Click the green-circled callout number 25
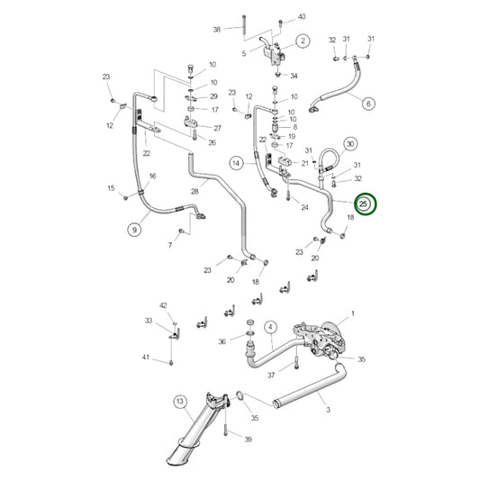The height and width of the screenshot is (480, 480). coord(365,204)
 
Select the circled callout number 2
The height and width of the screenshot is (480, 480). coord(303,41)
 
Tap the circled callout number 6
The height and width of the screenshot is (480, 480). coord(368,104)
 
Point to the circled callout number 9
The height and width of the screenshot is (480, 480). coord(134,230)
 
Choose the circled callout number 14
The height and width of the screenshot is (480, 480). coord(236,163)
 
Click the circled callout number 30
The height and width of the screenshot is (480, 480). coord(350,143)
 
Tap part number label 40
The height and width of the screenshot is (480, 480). coord(302,17)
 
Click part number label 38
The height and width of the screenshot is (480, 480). coord(216,30)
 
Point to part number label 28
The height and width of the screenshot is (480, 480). coord(195,192)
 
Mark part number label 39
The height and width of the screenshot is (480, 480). coord(249,439)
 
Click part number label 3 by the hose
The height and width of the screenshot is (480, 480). coord(328,410)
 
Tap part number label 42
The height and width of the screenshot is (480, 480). coord(164,306)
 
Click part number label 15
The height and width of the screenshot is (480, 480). coord(111,188)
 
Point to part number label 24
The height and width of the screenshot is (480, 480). coord(305,208)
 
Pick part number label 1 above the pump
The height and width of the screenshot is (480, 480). coord(353,312)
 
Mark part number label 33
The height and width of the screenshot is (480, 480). coord(149,320)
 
